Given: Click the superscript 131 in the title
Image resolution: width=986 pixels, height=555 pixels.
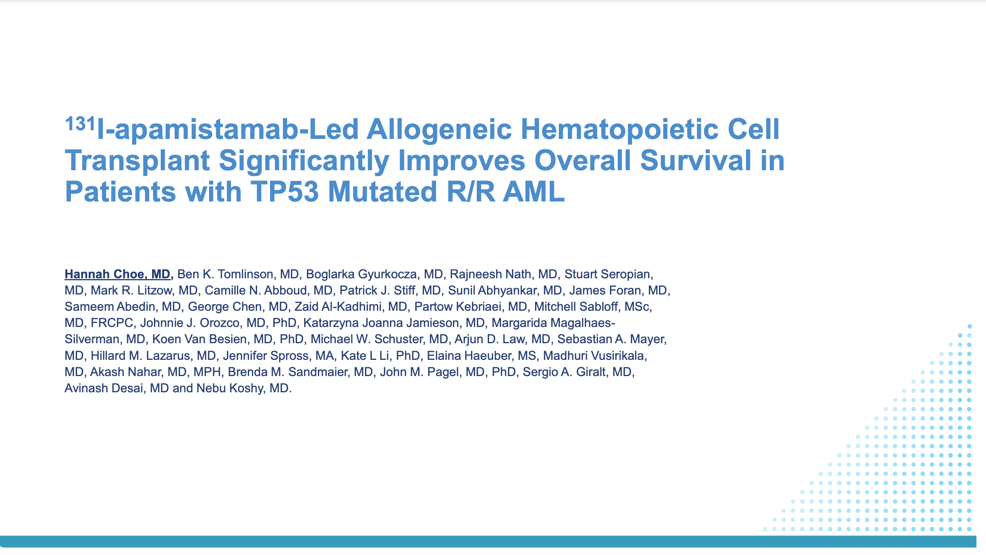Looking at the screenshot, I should click(80, 124).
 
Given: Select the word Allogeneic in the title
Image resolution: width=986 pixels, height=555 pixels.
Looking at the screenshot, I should click(439, 130).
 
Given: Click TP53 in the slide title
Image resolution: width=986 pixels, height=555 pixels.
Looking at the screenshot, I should click(284, 192).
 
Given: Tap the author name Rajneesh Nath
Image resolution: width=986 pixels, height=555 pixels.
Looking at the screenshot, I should click(490, 274).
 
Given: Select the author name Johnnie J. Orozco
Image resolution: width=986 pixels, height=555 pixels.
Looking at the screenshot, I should click(190, 323).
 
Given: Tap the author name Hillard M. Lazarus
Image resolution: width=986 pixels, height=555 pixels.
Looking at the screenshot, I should click(140, 356).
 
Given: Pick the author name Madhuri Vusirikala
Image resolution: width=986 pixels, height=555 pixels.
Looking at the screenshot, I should click(594, 356).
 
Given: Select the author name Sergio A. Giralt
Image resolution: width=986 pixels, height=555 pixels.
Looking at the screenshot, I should click(564, 372).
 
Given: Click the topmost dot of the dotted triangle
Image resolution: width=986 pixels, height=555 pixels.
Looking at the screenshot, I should click(970, 327).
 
